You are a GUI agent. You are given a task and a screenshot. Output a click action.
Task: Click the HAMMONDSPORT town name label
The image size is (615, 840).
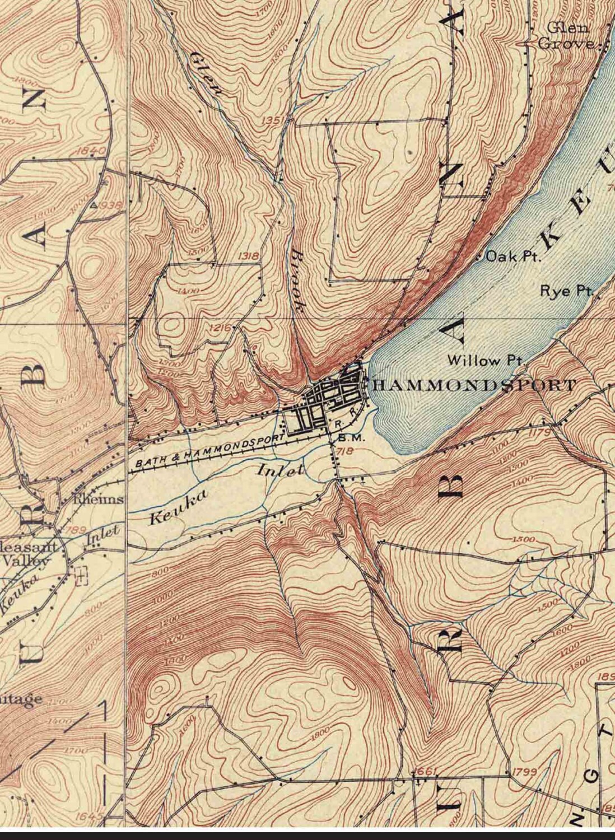pyautogui.click(x=473, y=385)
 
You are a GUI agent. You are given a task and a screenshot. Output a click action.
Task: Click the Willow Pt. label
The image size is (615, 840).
pyautogui.click(x=484, y=361)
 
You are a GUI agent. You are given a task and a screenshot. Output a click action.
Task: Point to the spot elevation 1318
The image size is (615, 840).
pyautogui.click(x=248, y=256)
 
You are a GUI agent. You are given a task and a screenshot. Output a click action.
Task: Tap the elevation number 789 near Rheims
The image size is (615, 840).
pyautogui.click(x=76, y=530)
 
